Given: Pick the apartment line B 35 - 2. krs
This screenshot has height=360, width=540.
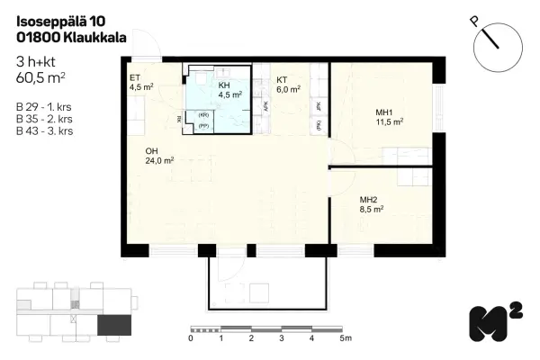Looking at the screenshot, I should tap(45, 119).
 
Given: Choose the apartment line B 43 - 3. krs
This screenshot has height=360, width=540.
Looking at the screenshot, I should tap(45, 130).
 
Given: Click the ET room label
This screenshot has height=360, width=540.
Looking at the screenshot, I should tap(135, 78).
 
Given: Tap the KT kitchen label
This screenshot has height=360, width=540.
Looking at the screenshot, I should tap(282, 79).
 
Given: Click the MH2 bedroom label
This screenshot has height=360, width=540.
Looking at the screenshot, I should tap(368, 199).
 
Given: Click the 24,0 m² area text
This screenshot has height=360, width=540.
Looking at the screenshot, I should tap(159, 161).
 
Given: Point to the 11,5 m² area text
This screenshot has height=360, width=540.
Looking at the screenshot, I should tap(389, 121).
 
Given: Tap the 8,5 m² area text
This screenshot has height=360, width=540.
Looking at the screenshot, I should tap(372, 208).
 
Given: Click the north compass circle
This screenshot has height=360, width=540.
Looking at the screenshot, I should tap(496, 46).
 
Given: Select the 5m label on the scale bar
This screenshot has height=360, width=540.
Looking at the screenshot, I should tap(346, 339).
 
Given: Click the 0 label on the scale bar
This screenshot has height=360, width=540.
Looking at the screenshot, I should tap(191, 339).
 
